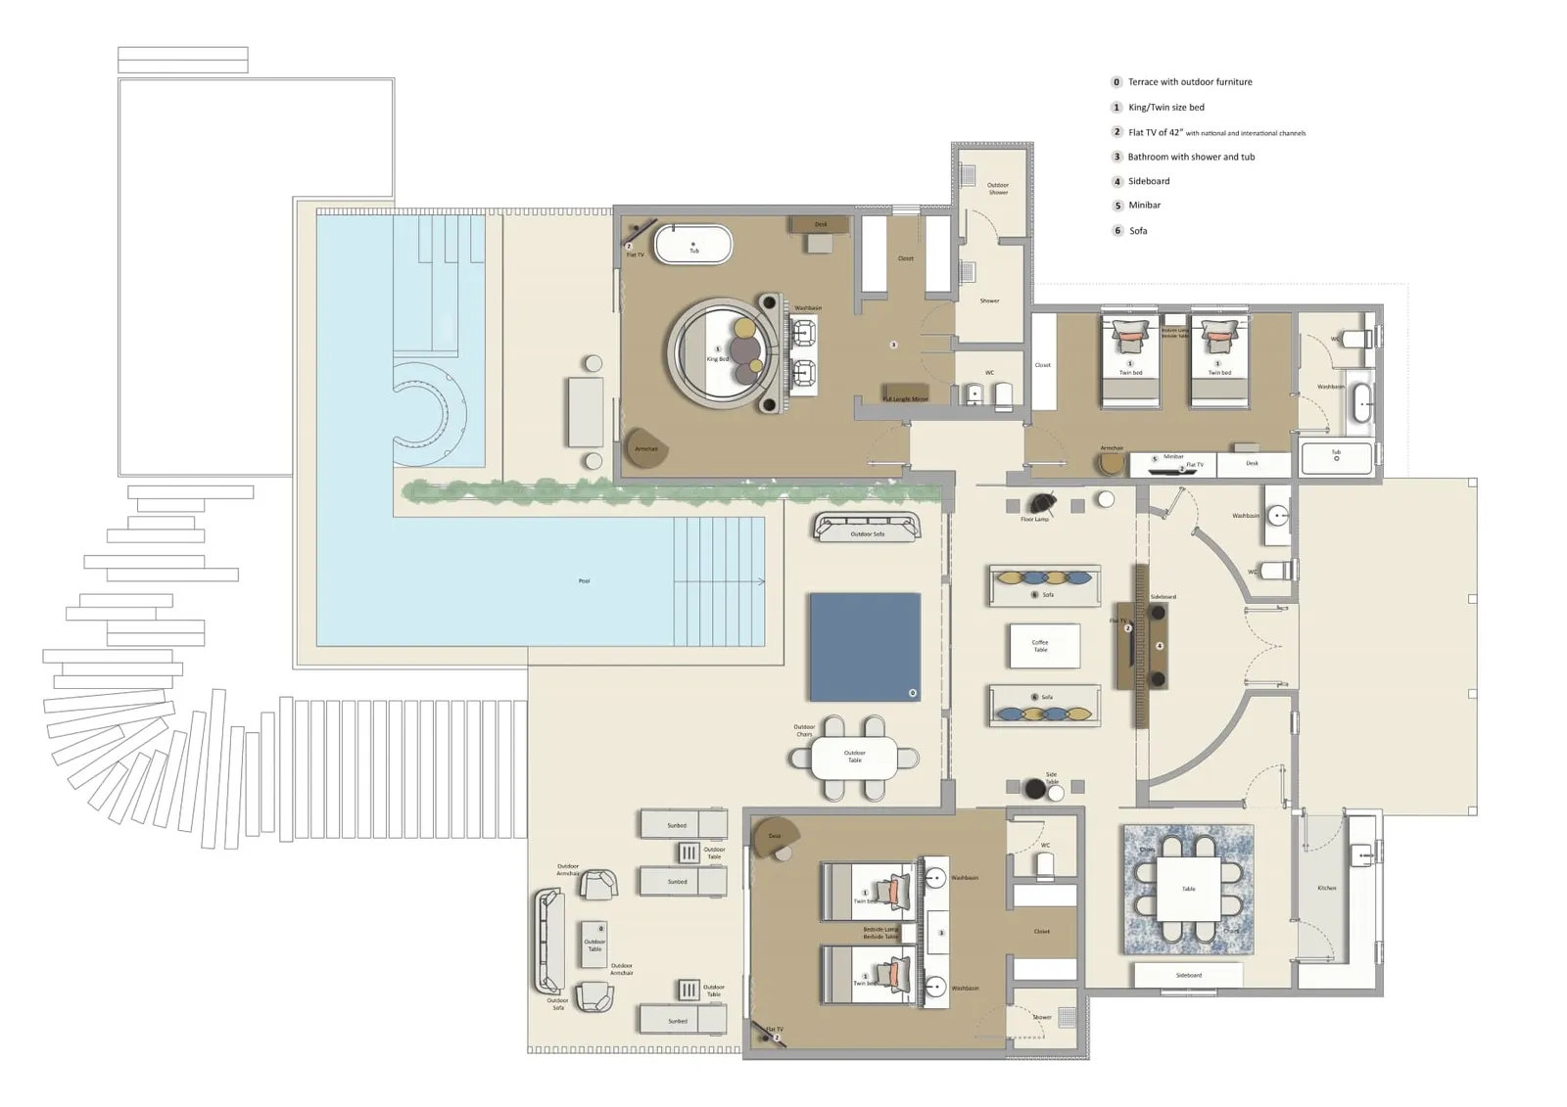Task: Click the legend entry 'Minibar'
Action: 1144,206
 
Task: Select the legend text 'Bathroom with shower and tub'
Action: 1191,157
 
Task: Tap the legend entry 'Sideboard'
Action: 1149,181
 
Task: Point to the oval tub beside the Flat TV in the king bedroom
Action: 693,245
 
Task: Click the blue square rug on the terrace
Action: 865,647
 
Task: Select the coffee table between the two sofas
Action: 1044,646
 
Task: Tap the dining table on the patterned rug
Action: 1189,889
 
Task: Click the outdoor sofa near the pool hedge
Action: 867,528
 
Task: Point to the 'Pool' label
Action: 584,581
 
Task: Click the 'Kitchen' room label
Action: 1326,888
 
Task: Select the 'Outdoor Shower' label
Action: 997,188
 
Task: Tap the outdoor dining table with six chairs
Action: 854,758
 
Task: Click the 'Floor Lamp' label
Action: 1034,520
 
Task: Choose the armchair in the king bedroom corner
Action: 645,448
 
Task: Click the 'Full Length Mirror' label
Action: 905,398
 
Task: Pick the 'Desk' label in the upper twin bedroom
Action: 1252,463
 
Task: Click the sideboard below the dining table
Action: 1188,975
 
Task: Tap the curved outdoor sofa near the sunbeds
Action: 548,942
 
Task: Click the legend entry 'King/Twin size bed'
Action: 1165,108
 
